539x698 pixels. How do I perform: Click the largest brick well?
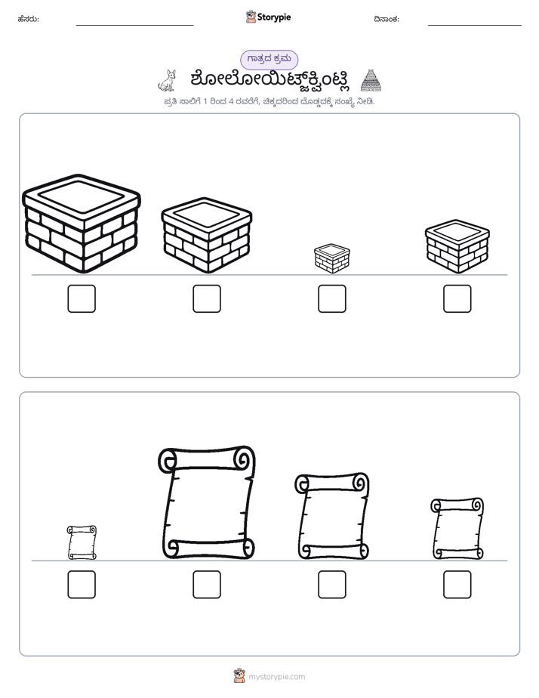pos(82,224)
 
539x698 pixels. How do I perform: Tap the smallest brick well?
pos(331,258)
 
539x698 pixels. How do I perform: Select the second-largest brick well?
pos(207,235)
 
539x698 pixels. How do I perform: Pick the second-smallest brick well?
pos(457,246)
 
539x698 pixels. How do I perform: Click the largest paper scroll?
pos(207,502)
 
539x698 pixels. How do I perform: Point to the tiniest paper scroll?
pos(82,542)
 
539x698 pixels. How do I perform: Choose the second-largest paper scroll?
pos(331,516)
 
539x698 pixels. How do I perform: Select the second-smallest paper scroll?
pos(457,528)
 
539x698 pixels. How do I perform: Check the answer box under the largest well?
pos(82,298)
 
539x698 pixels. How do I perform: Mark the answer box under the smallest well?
pos(331,298)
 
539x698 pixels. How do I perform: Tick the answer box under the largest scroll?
pos(207,585)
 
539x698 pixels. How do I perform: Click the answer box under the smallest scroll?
pos(82,585)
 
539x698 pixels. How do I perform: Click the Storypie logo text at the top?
pos(274,17)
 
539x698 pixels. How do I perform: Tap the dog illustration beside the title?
pos(168,81)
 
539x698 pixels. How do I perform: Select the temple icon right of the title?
pos(371,81)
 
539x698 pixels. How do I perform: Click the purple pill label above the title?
pos(269,59)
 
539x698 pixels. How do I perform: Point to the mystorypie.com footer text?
pos(276,677)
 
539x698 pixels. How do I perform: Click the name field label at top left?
pos(29,19)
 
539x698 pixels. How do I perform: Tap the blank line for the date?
pos(475,26)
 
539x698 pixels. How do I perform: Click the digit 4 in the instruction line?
pos(231,101)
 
